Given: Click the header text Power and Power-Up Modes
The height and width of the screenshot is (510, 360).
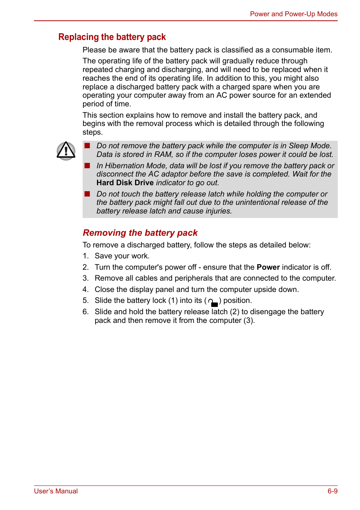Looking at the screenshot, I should coord(293,14).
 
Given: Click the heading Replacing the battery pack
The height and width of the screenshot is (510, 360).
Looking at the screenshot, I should coord(112,37).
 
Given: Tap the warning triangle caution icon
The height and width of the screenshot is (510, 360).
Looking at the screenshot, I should coord(66,151).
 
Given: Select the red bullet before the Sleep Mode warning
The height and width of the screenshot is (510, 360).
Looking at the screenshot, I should coord(87,146).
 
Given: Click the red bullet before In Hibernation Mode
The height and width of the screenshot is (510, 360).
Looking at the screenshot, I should coord(87,166).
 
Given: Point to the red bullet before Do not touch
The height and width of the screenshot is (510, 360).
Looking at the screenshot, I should coord(87,194).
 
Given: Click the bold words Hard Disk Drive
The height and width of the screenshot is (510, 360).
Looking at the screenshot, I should coord(125,183).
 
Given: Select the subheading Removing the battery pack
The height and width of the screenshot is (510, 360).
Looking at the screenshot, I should coord(140,233).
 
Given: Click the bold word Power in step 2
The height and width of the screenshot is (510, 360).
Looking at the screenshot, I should coord(268,267).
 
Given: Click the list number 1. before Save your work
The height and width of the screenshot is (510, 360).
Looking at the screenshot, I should coord(86,256).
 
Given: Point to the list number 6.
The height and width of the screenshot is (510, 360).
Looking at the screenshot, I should coord(86,312).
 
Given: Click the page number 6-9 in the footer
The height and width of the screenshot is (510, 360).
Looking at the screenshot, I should coord(332,491).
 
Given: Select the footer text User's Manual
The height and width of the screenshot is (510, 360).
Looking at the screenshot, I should coord(56,491).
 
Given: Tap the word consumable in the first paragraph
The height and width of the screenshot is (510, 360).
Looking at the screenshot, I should coord(292,50).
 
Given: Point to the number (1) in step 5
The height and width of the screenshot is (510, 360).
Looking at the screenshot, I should coord(173,301).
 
